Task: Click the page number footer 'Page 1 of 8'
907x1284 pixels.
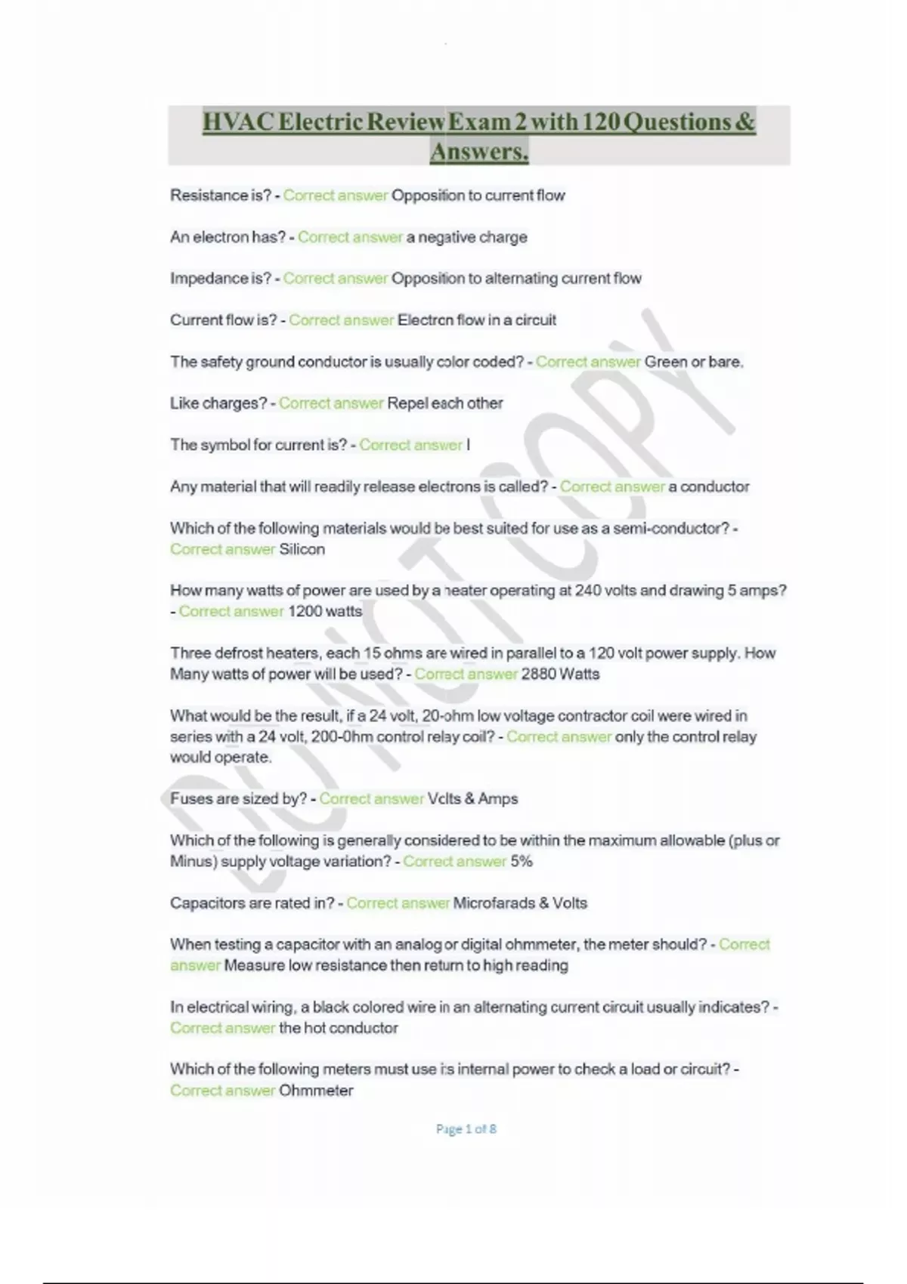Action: [x=466, y=1129]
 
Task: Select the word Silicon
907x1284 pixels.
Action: [x=302, y=549]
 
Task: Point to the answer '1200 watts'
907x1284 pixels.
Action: [x=325, y=611]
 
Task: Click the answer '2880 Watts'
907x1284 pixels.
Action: [x=560, y=674]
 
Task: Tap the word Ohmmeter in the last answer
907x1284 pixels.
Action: [x=316, y=1090]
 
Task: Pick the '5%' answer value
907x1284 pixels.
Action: [x=522, y=861]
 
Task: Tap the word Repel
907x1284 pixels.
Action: [x=407, y=403]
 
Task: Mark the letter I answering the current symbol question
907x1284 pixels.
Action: [x=469, y=445]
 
